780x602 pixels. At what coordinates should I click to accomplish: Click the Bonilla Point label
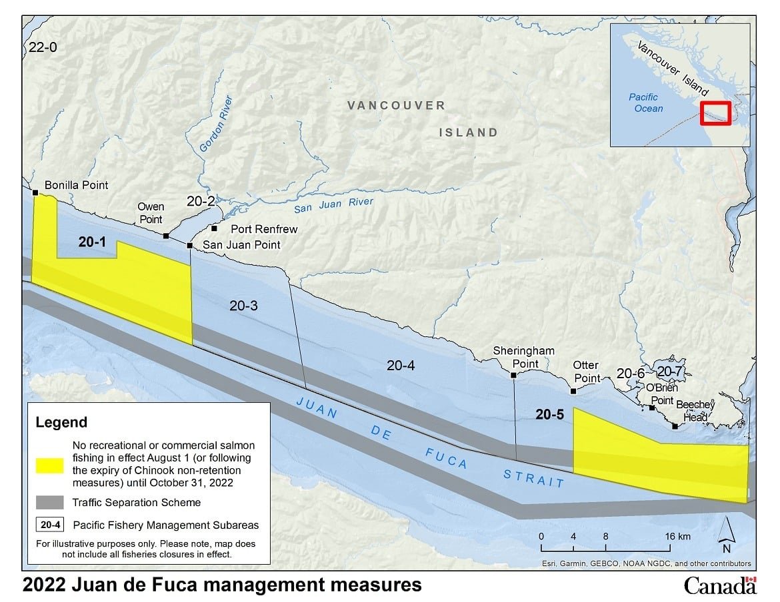pyautogui.click(x=76, y=185)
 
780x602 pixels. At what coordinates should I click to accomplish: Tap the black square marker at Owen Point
pyautogui.click(x=165, y=236)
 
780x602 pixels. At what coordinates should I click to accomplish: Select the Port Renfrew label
pyautogui.click(x=264, y=229)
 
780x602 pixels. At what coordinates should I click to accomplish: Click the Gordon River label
pyautogui.click(x=217, y=125)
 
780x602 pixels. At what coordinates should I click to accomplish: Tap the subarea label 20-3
pyautogui.click(x=243, y=306)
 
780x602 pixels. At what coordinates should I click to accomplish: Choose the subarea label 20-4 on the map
pyautogui.click(x=401, y=364)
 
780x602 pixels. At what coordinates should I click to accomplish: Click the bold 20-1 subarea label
pyautogui.click(x=92, y=243)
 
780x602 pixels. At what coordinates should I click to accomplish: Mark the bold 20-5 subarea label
pyautogui.click(x=550, y=414)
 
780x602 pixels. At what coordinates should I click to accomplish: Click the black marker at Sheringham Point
pyautogui.click(x=513, y=376)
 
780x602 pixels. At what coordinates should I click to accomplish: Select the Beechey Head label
pyautogui.click(x=695, y=410)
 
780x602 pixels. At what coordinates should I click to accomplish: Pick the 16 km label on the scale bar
pyautogui.click(x=677, y=536)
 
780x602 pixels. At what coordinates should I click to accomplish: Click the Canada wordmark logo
pyautogui.click(x=720, y=585)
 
